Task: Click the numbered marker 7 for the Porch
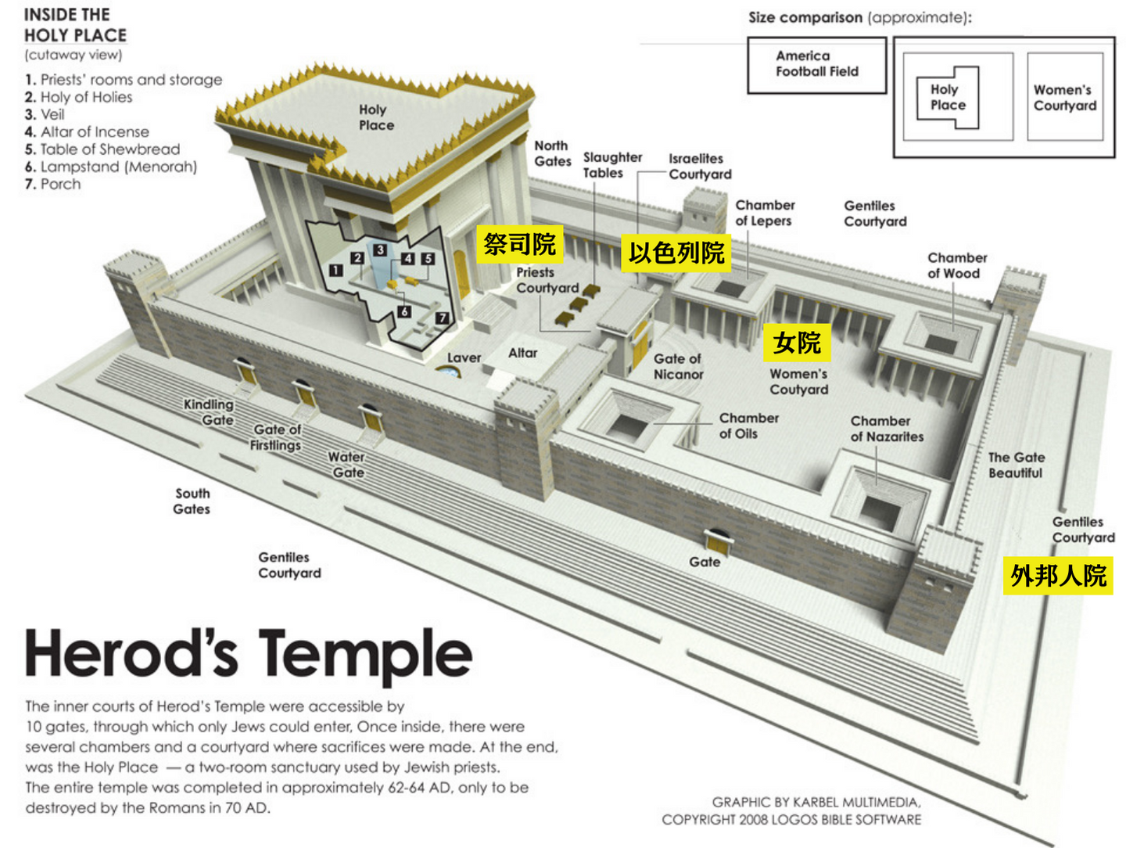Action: (x=442, y=318)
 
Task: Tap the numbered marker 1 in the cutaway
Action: (x=335, y=270)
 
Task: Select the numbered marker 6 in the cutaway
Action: (x=404, y=311)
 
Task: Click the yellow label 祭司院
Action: (x=519, y=243)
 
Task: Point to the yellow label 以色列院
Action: (x=676, y=253)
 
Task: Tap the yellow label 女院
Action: (x=797, y=342)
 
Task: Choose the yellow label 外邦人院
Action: (x=1058, y=575)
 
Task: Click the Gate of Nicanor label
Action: (x=678, y=366)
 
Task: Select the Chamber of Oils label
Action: (x=748, y=426)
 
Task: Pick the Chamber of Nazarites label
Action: (x=887, y=429)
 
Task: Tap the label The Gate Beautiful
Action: (x=1017, y=465)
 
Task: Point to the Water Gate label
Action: (x=346, y=464)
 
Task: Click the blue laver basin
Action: (x=447, y=372)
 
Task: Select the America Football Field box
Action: (x=816, y=65)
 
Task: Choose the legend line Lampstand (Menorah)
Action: (x=111, y=167)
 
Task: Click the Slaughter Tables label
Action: (x=612, y=165)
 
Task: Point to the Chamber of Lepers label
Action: (x=765, y=213)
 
